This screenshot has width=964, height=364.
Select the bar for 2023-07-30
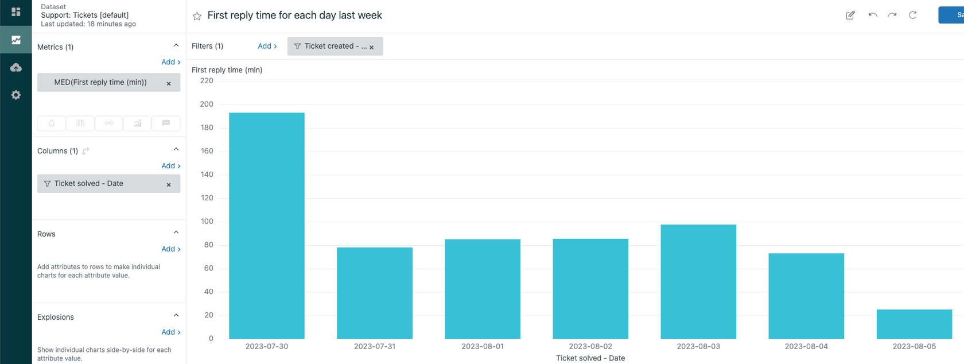point(266,225)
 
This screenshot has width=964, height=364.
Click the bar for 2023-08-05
point(914,324)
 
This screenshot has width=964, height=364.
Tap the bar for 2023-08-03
point(698,281)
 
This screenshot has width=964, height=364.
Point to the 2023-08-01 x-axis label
point(482,346)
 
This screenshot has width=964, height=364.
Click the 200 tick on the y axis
point(207,104)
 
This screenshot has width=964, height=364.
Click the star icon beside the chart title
point(197,16)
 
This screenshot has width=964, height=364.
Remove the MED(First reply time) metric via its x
point(169,83)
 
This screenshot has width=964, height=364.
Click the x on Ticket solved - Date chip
point(169,184)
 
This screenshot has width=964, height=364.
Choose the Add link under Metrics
point(170,62)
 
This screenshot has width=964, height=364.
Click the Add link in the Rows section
point(170,249)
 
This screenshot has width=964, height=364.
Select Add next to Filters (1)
point(267,46)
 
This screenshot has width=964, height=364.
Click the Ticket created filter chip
point(331,46)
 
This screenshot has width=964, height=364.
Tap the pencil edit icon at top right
point(850,16)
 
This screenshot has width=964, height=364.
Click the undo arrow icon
point(872,16)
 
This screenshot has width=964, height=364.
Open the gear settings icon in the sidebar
point(16,95)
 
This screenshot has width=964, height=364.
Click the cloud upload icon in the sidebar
point(16,67)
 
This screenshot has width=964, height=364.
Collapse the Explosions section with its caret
point(176,315)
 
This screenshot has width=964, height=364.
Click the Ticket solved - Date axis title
point(590,358)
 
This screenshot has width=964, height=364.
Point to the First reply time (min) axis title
point(227,69)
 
